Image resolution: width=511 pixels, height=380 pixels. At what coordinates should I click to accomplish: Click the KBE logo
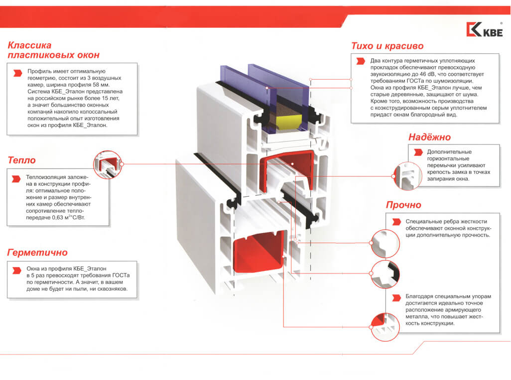coord(485,29)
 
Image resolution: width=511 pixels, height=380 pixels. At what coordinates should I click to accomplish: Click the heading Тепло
coord(21,160)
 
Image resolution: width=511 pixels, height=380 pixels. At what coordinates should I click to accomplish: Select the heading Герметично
coord(37,253)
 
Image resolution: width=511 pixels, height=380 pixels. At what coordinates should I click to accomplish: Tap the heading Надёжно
coord(429,137)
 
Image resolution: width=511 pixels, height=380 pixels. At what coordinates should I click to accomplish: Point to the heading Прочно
coord(403,205)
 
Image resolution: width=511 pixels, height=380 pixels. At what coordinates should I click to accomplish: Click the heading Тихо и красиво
coord(387,46)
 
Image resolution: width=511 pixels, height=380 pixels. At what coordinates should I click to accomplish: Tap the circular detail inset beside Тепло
coord(108,164)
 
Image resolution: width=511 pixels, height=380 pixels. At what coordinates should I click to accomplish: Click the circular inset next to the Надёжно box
coord(407,176)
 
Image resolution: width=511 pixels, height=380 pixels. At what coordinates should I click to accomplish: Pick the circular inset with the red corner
coord(385,327)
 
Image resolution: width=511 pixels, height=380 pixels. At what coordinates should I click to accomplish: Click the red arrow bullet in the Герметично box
coord(16,270)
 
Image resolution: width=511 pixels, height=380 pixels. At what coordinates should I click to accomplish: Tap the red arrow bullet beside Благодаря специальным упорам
coord(396,298)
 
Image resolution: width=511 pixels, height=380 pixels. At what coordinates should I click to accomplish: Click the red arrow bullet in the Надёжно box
coord(418,152)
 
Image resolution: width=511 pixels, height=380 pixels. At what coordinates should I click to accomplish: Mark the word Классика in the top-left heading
coord(29,45)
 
